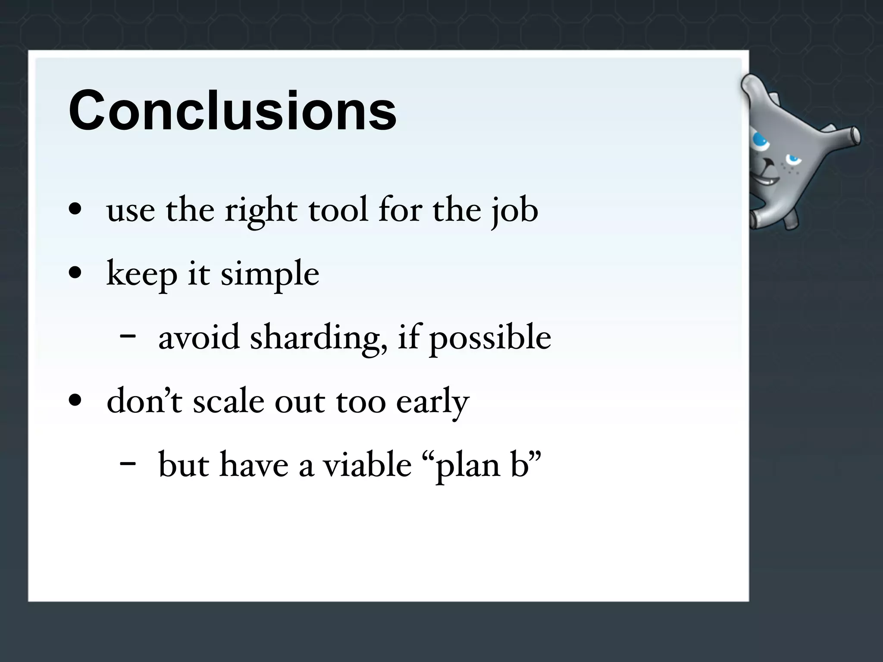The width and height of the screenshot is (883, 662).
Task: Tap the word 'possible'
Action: pos(490,338)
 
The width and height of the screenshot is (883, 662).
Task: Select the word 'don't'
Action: pos(144,401)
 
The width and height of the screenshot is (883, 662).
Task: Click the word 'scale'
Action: pos(228,401)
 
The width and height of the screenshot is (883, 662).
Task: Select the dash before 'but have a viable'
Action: pos(128,464)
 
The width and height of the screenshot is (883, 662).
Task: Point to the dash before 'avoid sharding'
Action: pos(128,336)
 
